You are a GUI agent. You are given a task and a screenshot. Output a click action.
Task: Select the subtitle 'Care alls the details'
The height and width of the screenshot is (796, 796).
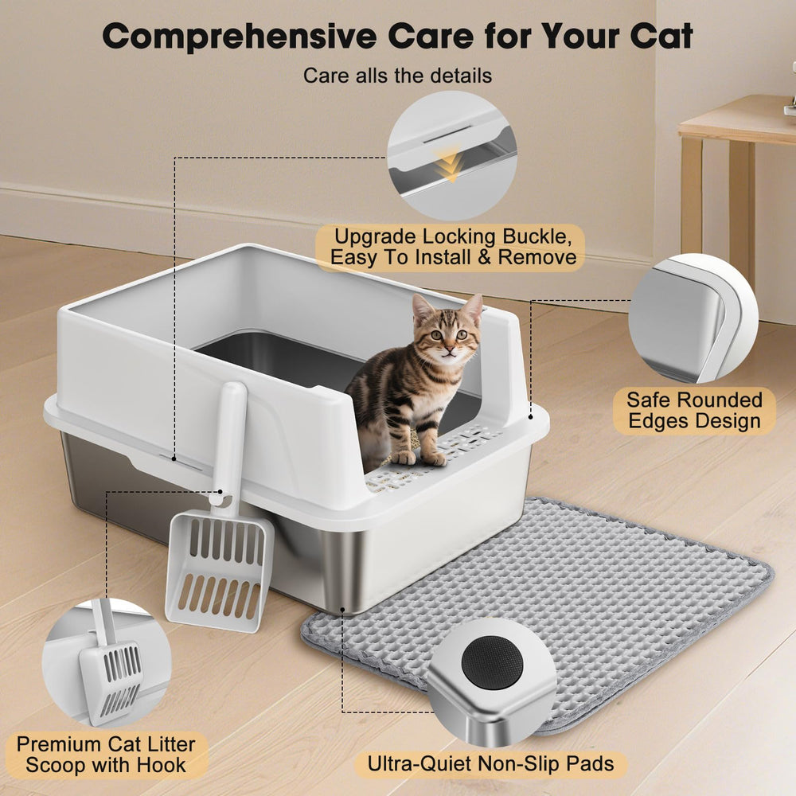(x=397, y=76)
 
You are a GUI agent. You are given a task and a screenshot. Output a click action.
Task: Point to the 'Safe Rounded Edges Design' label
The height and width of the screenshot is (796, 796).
(x=694, y=410)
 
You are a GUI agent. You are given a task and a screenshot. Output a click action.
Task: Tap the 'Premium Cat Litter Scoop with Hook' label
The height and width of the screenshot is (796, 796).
(x=106, y=755)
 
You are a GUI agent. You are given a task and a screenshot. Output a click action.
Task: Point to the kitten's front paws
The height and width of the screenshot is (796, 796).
(x=420, y=458)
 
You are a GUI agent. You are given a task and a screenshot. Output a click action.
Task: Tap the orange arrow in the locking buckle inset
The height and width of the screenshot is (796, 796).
(x=451, y=165)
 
